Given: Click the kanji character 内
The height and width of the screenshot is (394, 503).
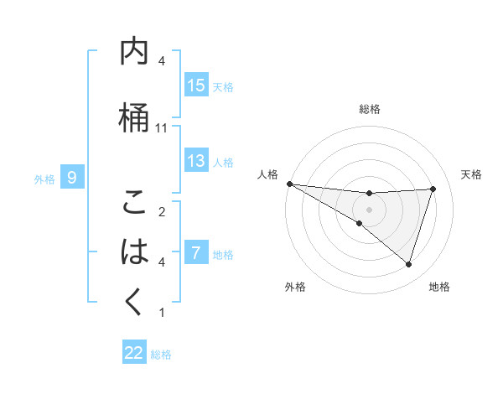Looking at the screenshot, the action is [x=134, y=53].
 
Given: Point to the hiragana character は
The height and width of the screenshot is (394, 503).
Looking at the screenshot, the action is [x=134, y=251].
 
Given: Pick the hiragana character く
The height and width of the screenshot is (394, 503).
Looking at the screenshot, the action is [x=134, y=302].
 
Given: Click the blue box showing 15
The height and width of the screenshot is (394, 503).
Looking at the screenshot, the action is [x=196, y=86].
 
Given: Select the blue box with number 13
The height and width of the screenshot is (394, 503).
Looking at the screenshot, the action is [x=196, y=161].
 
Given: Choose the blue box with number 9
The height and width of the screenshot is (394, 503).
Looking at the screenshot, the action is [x=72, y=178].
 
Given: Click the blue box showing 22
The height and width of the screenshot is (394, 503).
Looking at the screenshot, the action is [x=134, y=354].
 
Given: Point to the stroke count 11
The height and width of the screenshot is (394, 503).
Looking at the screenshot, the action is [x=162, y=128].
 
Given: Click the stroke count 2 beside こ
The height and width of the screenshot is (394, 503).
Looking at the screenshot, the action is [x=162, y=211].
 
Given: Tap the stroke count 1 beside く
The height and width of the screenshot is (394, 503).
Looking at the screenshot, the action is [x=162, y=313].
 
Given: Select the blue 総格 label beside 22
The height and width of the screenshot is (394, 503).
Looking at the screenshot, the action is [x=162, y=355].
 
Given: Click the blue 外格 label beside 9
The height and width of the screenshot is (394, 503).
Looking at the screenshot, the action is [x=44, y=179].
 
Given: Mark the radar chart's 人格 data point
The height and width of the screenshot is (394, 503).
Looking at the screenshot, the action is [x=289, y=184].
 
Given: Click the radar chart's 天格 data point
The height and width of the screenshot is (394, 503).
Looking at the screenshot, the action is [x=433, y=189].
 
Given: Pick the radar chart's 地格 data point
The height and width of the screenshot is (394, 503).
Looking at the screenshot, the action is [x=408, y=265].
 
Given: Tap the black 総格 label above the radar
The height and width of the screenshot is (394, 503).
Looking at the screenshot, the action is [x=369, y=109].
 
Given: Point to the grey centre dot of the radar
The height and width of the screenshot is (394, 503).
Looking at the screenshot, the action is [x=369, y=209].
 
